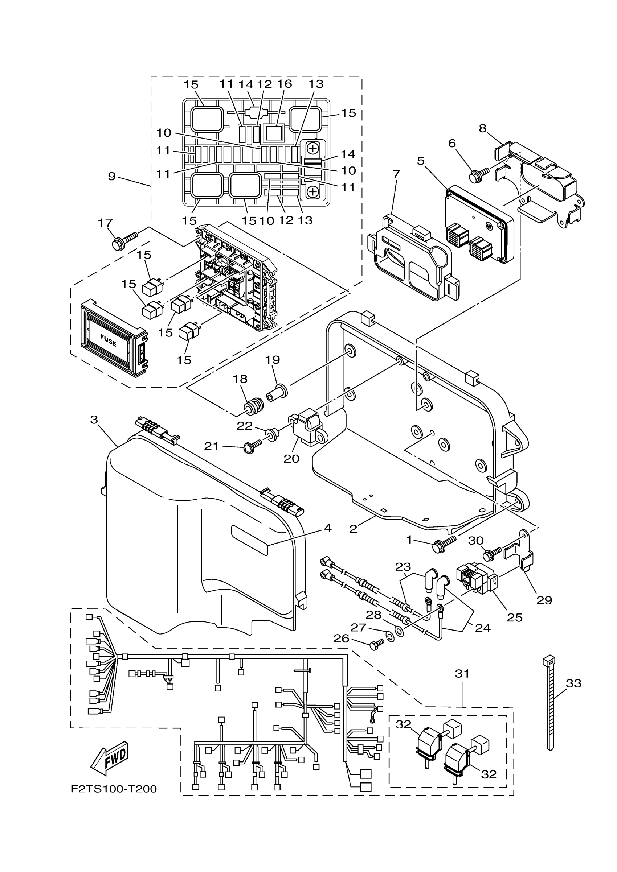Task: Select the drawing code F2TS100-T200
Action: tap(114, 789)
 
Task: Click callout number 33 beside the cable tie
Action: tap(574, 683)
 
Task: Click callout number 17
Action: tap(105, 223)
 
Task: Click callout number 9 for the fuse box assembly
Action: tap(111, 176)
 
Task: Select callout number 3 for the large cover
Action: tap(94, 420)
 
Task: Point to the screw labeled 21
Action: tap(253, 448)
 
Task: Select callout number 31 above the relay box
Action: tap(462, 674)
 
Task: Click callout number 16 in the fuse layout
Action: tap(285, 84)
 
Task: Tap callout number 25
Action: tap(515, 618)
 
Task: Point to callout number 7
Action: tap(396, 174)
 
